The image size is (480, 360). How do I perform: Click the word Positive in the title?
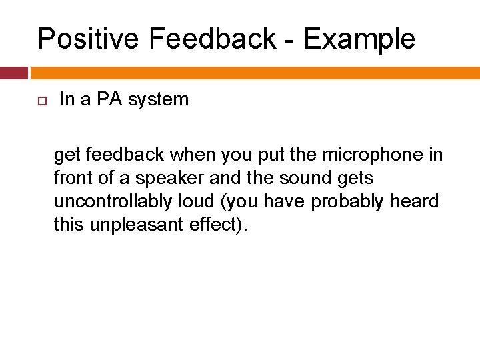point(89,39)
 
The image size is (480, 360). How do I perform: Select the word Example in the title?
point(359,40)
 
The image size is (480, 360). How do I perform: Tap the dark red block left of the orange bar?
point(13,73)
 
